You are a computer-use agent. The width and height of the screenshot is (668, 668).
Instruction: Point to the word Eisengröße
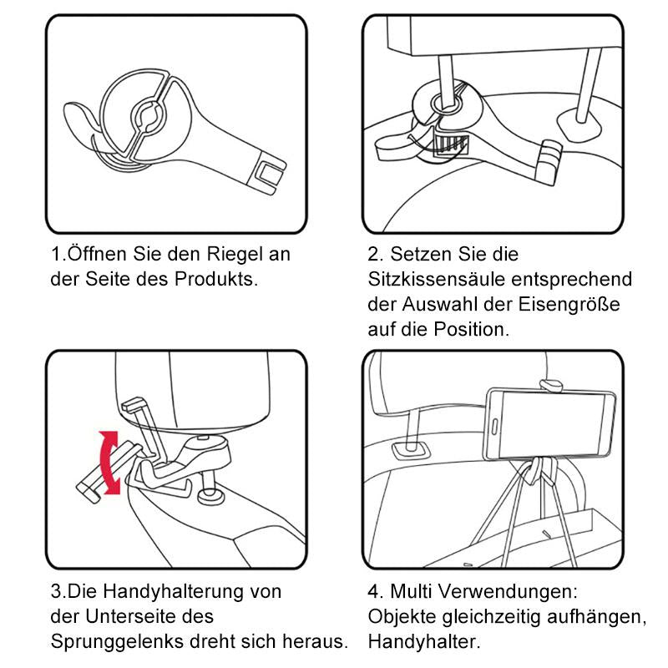pos(573,304)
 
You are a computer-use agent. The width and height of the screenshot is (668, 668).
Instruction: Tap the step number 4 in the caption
pos(373,592)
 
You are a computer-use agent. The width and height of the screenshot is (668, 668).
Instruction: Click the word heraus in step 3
pos(316,642)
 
